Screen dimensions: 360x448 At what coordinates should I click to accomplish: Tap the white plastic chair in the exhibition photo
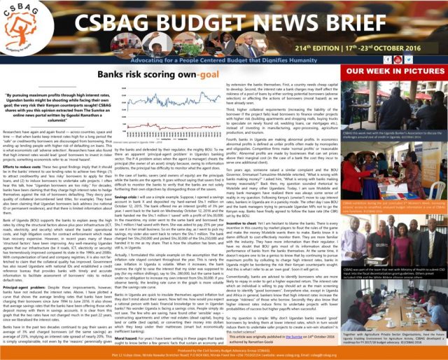click(x=437, y=189)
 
